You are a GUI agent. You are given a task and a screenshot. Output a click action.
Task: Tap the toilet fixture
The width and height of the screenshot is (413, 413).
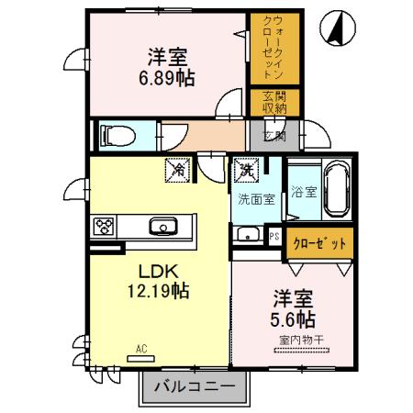point(116,136)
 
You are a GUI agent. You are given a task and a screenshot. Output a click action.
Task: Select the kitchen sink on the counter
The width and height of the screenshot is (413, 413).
point(163,225)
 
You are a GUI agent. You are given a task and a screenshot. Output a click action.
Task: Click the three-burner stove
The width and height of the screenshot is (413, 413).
point(103,225)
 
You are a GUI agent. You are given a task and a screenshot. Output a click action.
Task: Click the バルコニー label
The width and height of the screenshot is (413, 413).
point(194,385)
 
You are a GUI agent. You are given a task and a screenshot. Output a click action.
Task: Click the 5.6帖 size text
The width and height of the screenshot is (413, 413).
point(293,319)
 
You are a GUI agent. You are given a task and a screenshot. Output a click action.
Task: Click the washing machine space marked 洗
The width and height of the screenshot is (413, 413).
point(246,168)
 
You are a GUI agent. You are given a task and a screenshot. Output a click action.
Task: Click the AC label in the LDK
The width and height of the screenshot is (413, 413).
point(141,349)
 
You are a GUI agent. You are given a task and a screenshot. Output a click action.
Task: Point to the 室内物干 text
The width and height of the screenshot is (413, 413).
point(295,340)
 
